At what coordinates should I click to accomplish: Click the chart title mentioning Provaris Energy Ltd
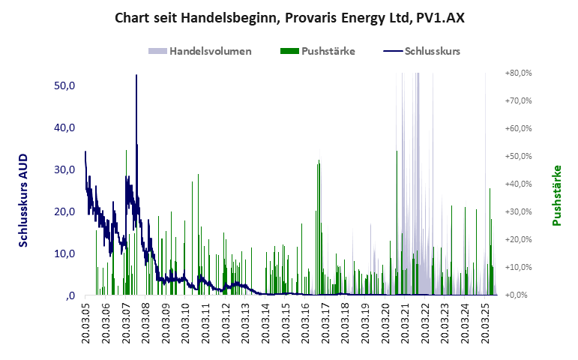tap(289, 17)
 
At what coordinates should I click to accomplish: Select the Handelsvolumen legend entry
tap(210, 52)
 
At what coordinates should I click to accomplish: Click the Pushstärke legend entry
tap(328, 52)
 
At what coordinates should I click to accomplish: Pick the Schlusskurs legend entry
tap(432, 52)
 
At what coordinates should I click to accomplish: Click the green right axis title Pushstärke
tap(556, 196)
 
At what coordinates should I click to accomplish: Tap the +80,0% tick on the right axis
tap(517, 73)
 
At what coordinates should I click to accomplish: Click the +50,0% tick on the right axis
tap(517, 157)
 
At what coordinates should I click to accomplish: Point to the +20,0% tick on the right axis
tap(517, 240)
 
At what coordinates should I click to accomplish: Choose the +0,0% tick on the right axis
tap(518, 295)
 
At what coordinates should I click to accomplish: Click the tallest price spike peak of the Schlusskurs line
tap(136, 75)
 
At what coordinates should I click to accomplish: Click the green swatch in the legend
tap(289, 52)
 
